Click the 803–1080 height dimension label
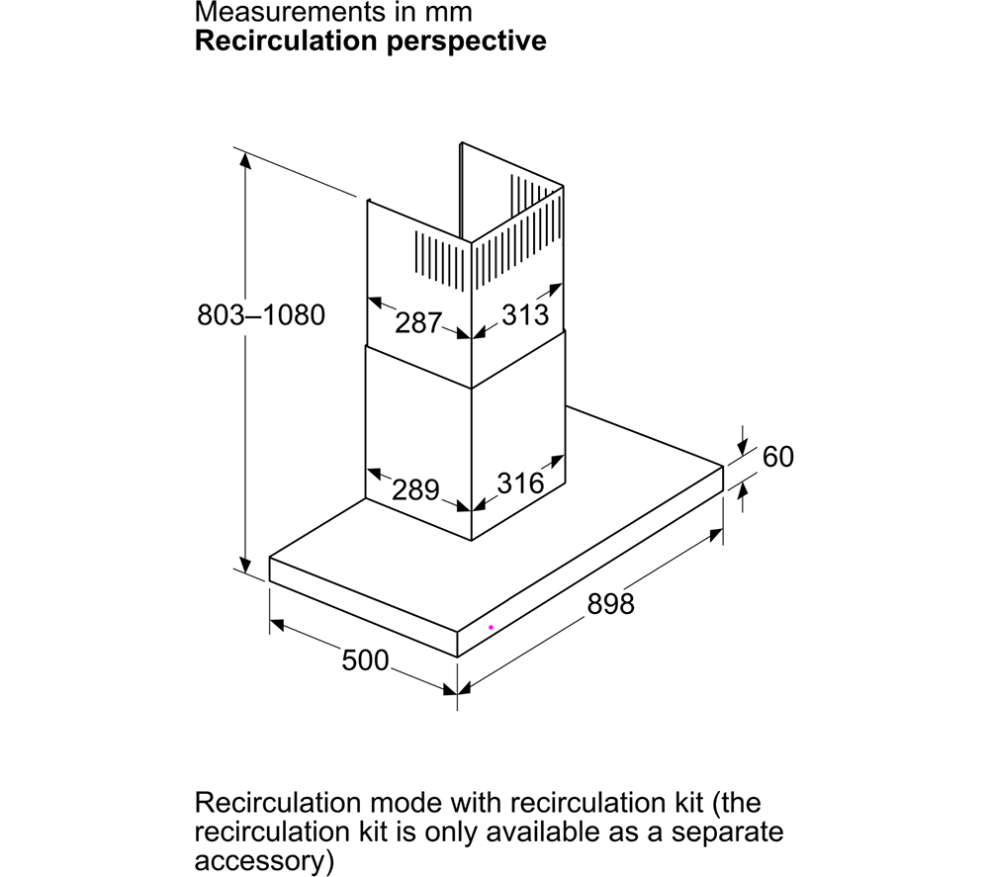pos(260,314)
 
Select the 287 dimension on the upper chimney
pos(418,322)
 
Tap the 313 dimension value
pos(525,314)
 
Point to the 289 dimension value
pos(415,489)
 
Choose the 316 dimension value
pos(520,482)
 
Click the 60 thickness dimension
pos(777,457)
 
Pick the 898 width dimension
pos(610,603)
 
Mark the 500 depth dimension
pos(365,660)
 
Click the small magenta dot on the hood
pos(491,627)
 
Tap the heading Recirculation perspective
pos(370,41)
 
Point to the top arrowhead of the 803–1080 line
pos(245,161)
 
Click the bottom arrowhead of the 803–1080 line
pos(245,564)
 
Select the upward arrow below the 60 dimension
pos(743,496)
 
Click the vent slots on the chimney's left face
pos(440,256)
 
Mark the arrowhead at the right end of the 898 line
pos(715,535)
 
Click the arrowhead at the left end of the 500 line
pos(278,625)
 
